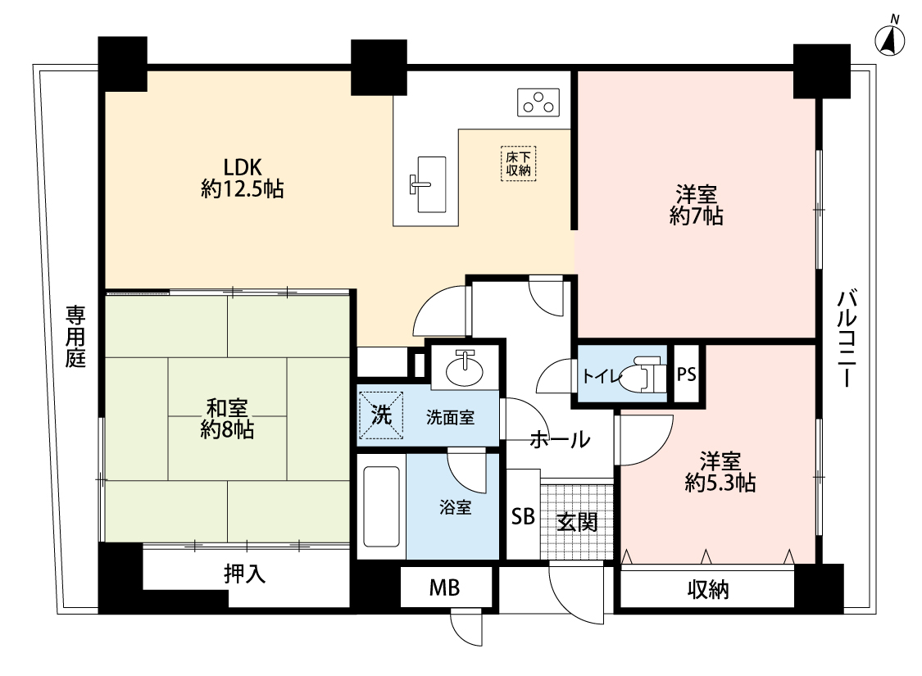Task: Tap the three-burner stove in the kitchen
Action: pos(538,102)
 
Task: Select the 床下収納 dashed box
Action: pos(519,163)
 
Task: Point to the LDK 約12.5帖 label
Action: pos(243,178)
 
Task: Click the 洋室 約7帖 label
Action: pos(696,205)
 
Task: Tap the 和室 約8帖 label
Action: pos(227,420)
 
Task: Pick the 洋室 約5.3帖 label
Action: pos(720,472)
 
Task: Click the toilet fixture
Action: pos(643,374)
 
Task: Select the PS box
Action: pos(686,374)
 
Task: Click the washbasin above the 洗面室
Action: pos(466,368)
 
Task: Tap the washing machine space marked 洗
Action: pos(381,415)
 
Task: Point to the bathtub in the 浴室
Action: pos(382,506)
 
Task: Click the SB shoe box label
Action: pos(523,516)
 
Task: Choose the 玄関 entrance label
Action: pos(578,521)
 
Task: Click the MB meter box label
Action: pos(444,588)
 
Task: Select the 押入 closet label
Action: pos(244,574)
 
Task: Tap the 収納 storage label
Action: pos(709,590)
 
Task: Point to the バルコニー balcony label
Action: pos(847,338)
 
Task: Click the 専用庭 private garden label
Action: pos(76,336)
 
